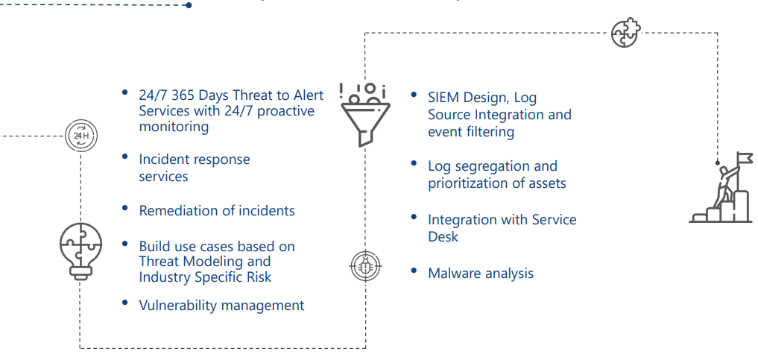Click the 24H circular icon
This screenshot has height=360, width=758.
pos(80,136)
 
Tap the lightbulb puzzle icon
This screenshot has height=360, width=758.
pos(80,250)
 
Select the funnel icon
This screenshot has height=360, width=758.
pos(365,115)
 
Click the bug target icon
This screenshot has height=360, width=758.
pos(365,265)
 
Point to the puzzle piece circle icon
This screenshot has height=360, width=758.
pos(625,33)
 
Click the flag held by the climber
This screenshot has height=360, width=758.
pos(745,157)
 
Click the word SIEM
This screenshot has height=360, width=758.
pos(443,97)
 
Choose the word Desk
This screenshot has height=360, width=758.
pos(443,237)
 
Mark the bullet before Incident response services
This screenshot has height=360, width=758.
pos(125,157)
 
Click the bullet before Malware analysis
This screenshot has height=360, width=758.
pos(414,271)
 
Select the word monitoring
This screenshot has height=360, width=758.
pos(174,127)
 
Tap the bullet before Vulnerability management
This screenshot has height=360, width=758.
pos(125,303)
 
